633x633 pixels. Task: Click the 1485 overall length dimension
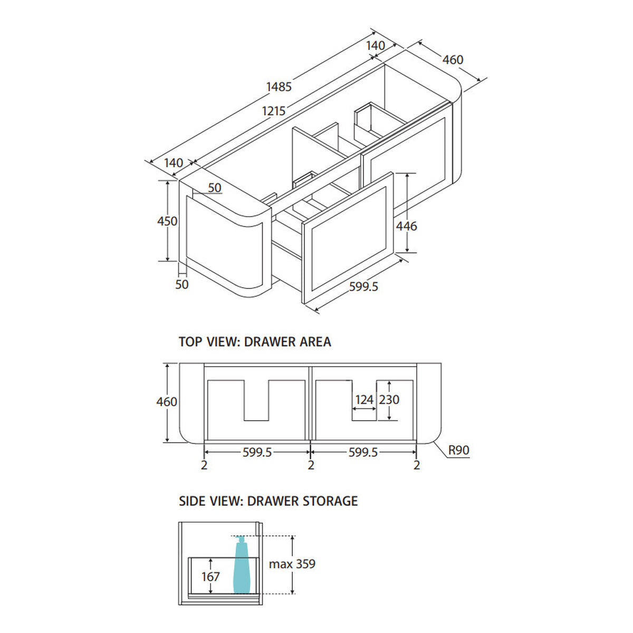click(x=279, y=87)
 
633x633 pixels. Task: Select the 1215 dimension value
click(x=274, y=111)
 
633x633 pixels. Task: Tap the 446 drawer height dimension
click(x=406, y=226)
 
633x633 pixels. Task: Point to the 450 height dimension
click(x=167, y=221)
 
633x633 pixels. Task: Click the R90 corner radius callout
click(x=459, y=450)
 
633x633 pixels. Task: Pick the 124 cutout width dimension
click(x=365, y=400)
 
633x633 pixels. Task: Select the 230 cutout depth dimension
click(x=389, y=400)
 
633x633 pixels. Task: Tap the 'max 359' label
click(x=292, y=564)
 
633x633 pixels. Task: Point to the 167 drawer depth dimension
click(x=210, y=577)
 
